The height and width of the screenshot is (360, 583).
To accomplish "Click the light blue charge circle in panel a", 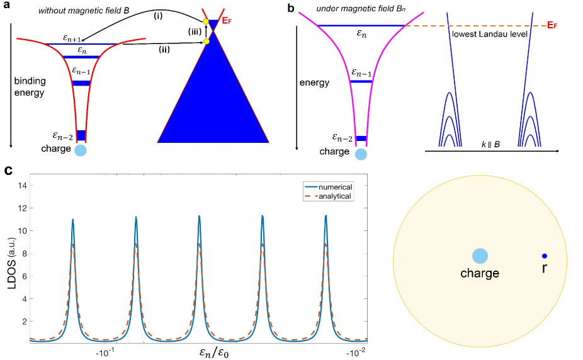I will (x=80, y=150).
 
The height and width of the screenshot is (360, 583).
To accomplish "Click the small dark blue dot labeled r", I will (x=545, y=256).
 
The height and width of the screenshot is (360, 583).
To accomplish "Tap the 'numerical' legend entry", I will (x=335, y=187).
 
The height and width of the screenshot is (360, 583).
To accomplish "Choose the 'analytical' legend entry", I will (x=335, y=196).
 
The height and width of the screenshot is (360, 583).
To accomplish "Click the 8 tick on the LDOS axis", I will (x=23, y=253).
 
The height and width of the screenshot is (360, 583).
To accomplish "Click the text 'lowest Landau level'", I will (x=482, y=33).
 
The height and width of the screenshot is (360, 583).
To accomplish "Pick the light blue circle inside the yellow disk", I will (x=480, y=256).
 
